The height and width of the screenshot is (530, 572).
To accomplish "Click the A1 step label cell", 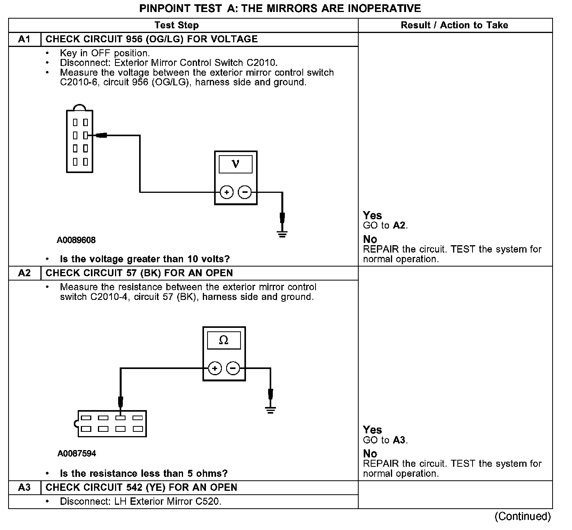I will tap(24, 39).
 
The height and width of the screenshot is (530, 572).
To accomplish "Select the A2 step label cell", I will tap(24, 273).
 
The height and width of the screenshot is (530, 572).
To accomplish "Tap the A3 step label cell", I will tap(24, 488).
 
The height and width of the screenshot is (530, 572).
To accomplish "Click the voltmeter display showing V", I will tap(235, 164).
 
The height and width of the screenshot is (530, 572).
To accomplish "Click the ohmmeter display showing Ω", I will tap(224, 340).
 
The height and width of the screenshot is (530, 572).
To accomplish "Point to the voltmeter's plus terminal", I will tap(227, 192).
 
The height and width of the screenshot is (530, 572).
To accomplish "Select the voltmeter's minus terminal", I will tap(244, 192).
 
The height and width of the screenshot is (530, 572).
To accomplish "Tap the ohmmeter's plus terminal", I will tap(215, 368).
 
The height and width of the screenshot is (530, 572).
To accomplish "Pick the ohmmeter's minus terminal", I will tap(233, 368).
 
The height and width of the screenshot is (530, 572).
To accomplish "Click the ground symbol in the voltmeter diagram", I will tap(283, 234).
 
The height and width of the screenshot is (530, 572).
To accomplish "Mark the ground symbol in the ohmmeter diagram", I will tap(270, 410).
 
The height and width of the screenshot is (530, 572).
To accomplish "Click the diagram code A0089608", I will tap(76, 240).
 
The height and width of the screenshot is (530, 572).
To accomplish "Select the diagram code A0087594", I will tap(77, 454).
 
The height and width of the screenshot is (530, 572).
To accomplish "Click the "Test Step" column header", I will tap(176, 25).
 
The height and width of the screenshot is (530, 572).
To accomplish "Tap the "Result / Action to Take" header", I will tap(454, 25).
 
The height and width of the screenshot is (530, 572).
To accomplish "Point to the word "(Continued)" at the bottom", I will tap(523, 516).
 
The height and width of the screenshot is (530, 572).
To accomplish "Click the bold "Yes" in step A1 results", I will tap(372, 216).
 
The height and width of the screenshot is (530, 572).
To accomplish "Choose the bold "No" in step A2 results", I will tap(370, 454).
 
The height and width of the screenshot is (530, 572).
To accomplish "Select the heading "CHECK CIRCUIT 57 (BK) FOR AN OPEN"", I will tap(139, 273).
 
